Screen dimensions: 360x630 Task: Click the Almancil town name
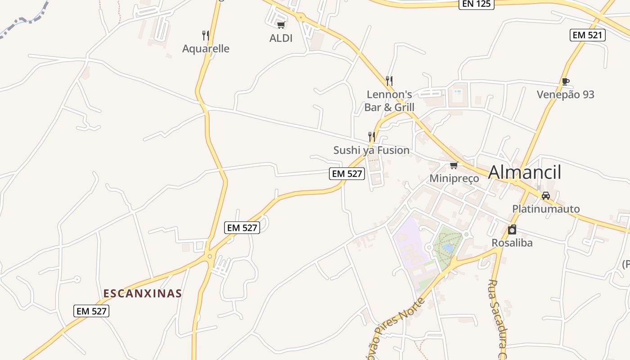tap(525, 172)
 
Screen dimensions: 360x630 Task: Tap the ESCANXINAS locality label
tap(143, 294)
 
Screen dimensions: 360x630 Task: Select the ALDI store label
tap(281, 38)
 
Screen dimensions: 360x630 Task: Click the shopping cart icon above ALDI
tap(281, 25)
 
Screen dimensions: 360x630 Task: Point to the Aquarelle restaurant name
tap(206, 49)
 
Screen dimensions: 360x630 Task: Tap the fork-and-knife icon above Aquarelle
tap(206, 35)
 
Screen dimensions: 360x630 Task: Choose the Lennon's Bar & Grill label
tap(389, 101)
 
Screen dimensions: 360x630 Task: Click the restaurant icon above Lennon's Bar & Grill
tap(389, 81)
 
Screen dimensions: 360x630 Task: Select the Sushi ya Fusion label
tap(371, 150)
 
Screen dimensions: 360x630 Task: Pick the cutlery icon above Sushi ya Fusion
tap(371, 136)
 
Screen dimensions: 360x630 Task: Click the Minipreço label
tap(454, 179)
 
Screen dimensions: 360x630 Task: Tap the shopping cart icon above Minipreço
tap(454, 166)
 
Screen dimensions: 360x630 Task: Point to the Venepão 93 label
tap(565, 94)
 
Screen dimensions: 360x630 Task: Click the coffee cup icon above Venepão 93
tap(565, 81)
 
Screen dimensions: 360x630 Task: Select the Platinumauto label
tap(546, 209)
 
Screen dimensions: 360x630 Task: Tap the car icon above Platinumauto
tap(546, 196)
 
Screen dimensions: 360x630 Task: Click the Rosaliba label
tap(512, 243)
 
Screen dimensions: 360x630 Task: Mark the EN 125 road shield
tap(477, 4)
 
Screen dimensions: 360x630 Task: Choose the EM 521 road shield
tap(588, 35)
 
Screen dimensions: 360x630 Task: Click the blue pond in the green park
tap(448, 248)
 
